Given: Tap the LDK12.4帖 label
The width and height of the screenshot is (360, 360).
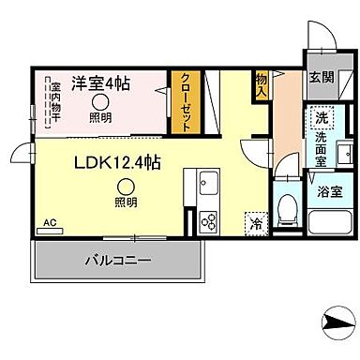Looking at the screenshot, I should pos(116,163).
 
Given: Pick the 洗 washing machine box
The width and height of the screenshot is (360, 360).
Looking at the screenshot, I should pos(321,120).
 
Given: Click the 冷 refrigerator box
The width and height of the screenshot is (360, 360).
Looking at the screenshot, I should pos(254,223).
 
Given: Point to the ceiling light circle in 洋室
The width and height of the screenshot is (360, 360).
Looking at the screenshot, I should pos(98,104).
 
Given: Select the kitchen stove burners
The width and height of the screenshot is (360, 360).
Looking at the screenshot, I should pos(206,222).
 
